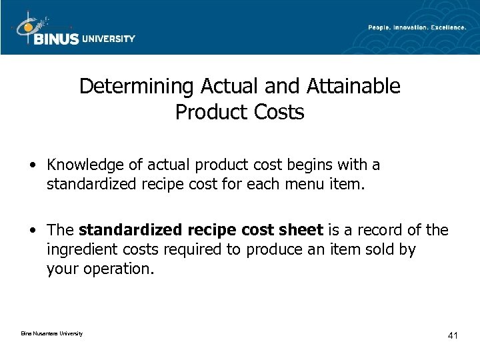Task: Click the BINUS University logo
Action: click(73, 30)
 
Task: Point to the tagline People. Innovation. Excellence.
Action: click(417, 27)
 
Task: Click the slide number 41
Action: click(452, 335)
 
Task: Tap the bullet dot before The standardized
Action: click(33, 231)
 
